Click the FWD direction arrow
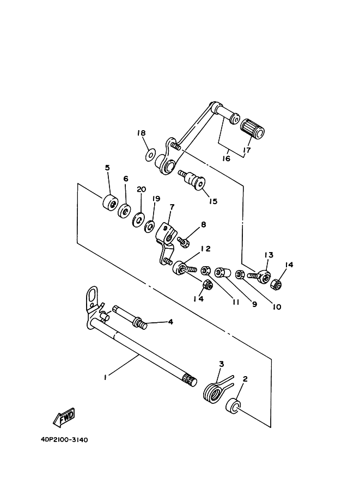pos(64,417)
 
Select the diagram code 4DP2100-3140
pos(64,440)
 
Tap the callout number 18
pos(142,133)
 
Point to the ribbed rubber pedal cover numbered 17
pos(252,129)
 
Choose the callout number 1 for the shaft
pos(105,377)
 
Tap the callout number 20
pos(141,189)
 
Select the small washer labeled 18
pos(150,156)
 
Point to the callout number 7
pos(172,207)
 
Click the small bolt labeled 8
pos(184,242)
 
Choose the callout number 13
pos(269,255)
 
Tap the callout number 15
pos(213,201)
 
